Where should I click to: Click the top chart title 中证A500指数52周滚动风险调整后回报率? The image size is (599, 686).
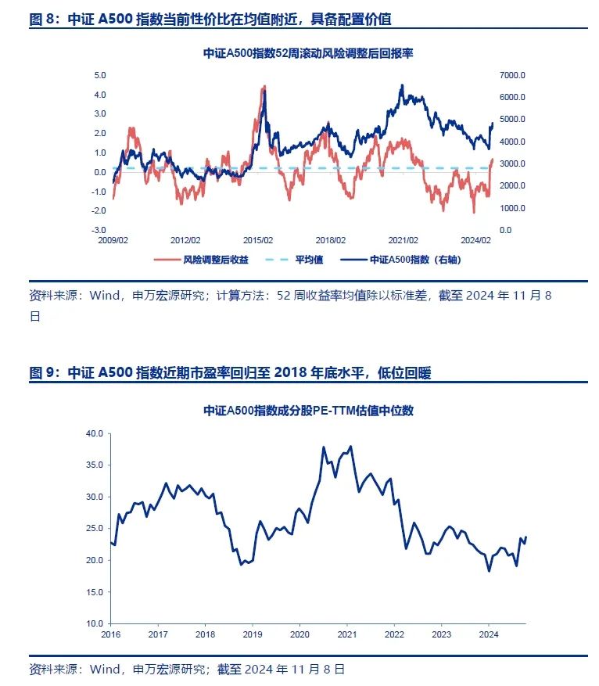(308, 55)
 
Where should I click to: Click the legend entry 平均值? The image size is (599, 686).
(304, 259)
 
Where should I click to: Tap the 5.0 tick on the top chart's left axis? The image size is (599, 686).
(100, 75)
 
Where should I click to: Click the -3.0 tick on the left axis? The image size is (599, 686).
(99, 230)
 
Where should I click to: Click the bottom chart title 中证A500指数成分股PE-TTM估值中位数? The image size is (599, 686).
(308, 410)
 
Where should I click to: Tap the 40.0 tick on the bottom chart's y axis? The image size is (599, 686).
(94, 433)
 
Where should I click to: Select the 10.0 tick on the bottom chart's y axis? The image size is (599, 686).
(94, 623)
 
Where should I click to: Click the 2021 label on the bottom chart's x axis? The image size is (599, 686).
(346, 634)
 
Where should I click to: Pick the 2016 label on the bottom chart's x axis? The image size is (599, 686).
(111, 634)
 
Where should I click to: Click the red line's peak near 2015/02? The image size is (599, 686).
(265, 86)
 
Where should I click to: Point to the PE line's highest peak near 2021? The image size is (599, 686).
(350, 446)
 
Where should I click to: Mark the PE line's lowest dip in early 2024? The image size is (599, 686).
(489, 571)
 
